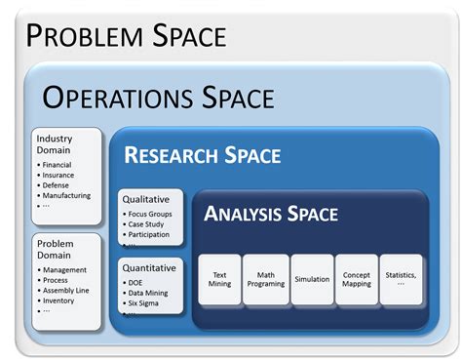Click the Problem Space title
[127, 36]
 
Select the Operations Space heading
[158, 98]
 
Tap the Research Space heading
[202, 155]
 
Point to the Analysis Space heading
[271, 214]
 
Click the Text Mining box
[218, 278]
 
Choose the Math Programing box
[265, 278]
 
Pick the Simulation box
[312, 279]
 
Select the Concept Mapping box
[357, 278]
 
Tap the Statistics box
[402, 275]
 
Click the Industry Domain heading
[55, 144]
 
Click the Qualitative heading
[145, 199]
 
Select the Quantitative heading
[149, 266]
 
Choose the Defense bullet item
[59, 185]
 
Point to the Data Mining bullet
[152, 293]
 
